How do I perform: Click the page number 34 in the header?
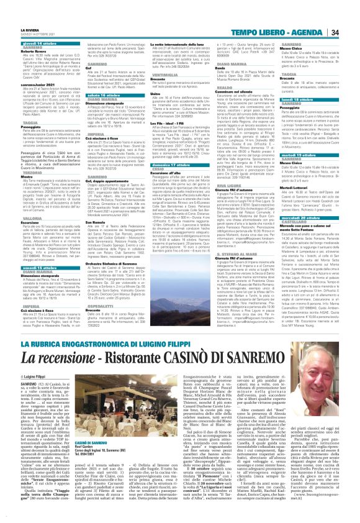click(x=350, y=12)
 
